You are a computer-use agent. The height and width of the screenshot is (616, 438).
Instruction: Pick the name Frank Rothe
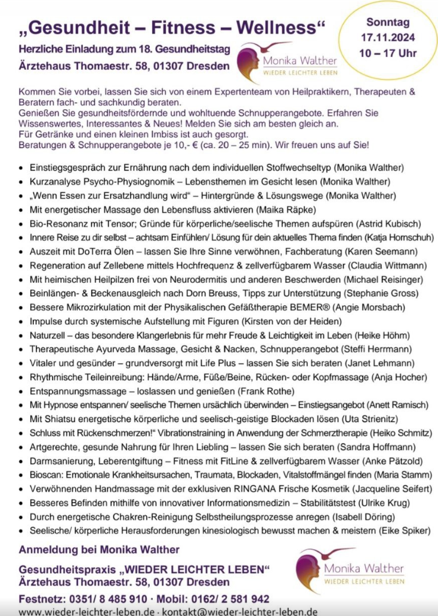point(264,392)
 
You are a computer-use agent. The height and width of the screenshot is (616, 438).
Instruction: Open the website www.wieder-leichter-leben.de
point(86,611)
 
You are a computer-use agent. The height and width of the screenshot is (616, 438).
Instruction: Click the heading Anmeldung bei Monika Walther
point(99,550)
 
